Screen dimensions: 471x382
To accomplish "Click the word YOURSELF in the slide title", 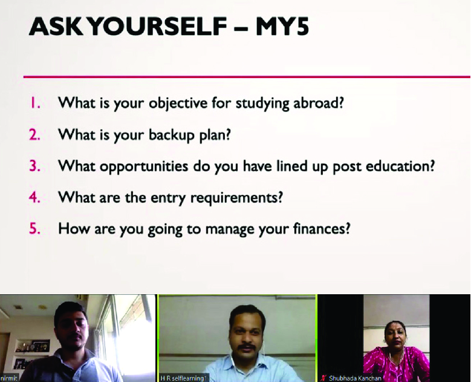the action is tap(158, 27).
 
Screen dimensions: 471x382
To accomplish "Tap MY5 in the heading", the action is tap(282, 27).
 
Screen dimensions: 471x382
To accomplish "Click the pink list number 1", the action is tap(34, 103).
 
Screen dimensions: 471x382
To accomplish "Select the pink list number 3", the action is tap(34, 166).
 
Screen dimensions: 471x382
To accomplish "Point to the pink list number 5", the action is tap(34, 229).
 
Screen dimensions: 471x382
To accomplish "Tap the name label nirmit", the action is tap(9, 378).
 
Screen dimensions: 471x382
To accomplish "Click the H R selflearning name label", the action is tap(183, 378).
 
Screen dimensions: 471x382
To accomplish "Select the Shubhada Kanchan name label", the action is tap(355, 378).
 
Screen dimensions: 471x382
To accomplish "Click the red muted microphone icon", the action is tap(323, 378).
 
